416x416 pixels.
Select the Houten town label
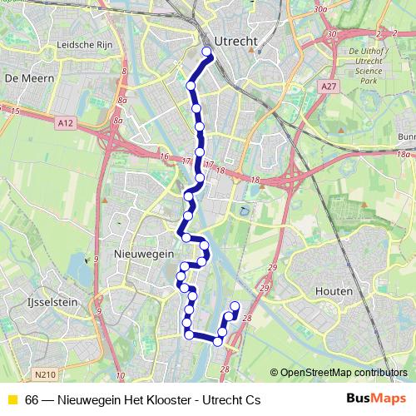pos(334,292)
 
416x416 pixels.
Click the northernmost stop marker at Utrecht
pos(207,56)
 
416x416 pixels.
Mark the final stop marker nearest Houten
pos(235,306)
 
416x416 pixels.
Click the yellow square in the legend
pos(12,400)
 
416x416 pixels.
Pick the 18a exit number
pos(404,155)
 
